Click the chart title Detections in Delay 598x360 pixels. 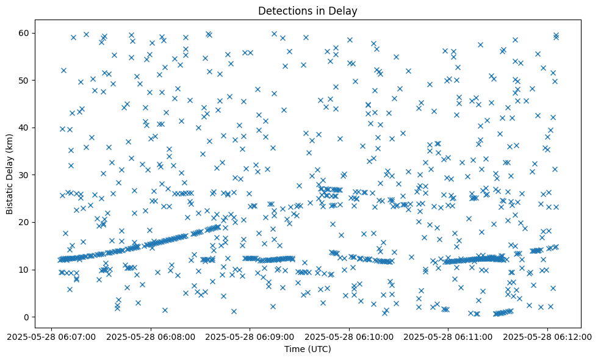point(308,10)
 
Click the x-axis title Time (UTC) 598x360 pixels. point(308,349)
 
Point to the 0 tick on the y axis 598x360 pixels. point(27,317)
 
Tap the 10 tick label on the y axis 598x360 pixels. point(25,270)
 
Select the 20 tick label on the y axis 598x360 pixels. point(25,222)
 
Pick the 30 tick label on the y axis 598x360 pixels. point(25,175)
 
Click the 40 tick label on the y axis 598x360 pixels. point(25,128)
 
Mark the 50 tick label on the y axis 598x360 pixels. point(25,81)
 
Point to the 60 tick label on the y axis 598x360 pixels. point(25,33)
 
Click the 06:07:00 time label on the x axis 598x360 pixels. point(52,336)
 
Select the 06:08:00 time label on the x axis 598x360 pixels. point(151,336)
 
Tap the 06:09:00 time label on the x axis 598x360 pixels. point(250,336)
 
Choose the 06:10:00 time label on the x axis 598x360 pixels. point(350,336)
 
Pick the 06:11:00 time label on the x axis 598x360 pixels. point(448,336)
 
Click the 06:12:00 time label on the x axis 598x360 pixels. point(547,336)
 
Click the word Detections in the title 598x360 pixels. point(283,10)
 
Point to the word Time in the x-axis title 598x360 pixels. point(294,349)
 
